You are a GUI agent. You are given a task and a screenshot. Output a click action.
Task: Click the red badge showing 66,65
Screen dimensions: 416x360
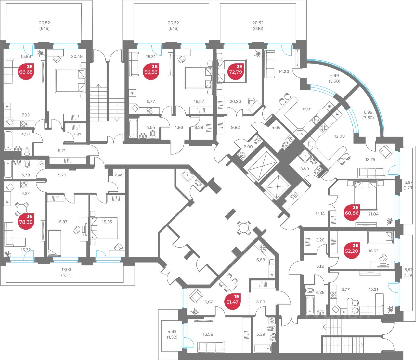click(26, 72)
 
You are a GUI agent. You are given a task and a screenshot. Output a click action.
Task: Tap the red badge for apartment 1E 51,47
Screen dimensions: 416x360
click(233, 302)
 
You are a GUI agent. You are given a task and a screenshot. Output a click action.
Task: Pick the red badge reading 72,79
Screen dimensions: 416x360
click(236, 72)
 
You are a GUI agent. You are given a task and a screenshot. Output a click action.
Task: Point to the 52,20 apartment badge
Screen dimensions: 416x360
click(352, 251)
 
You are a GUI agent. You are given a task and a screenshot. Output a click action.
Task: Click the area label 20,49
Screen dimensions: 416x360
click(77, 56)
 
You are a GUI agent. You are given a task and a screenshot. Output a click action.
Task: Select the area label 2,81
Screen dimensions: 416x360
click(77, 134)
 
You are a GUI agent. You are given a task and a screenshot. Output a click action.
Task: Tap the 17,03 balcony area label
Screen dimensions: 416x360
click(66, 269)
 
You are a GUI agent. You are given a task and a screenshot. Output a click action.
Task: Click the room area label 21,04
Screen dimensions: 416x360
click(373, 214)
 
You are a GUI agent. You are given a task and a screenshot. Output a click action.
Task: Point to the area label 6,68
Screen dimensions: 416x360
click(261, 260)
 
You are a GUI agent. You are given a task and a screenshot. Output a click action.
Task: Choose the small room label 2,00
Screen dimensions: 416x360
click(248, 147)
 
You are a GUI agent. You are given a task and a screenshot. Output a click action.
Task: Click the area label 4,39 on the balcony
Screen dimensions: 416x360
click(172, 331)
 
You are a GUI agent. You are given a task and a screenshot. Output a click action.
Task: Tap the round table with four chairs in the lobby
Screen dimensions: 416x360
click(244, 227)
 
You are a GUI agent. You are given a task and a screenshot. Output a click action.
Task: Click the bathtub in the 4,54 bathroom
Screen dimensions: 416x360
click(133, 128)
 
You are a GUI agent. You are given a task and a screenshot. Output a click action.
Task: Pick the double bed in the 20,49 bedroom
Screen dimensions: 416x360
click(71, 81)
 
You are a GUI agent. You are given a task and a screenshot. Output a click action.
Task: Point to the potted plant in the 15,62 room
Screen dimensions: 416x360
click(195, 312)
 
